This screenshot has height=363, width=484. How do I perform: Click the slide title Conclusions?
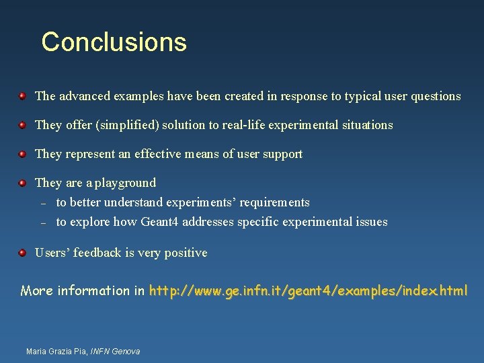pyautogui.click(x=114, y=42)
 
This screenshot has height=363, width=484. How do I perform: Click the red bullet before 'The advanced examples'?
pyautogui.click(x=22, y=96)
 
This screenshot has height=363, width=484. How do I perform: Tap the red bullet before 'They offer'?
pyautogui.click(x=22, y=125)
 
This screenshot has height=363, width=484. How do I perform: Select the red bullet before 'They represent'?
pyautogui.click(x=22, y=154)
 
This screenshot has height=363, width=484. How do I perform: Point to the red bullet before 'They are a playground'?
pyautogui.click(x=22, y=183)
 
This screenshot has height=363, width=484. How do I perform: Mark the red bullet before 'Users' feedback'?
pyautogui.click(x=22, y=253)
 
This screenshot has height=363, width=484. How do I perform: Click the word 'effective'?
pyautogui.click(x=159, y=154)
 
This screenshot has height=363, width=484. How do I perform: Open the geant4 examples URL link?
pyautogui.click(x=308, y=291)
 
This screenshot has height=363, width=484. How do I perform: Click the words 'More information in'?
pyautogui.click(x=83, y=291)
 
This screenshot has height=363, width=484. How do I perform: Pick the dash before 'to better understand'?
pyautogui.click(x=42, y=203)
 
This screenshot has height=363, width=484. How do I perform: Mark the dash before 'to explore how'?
pyautogui.click(x=42, y=223)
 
